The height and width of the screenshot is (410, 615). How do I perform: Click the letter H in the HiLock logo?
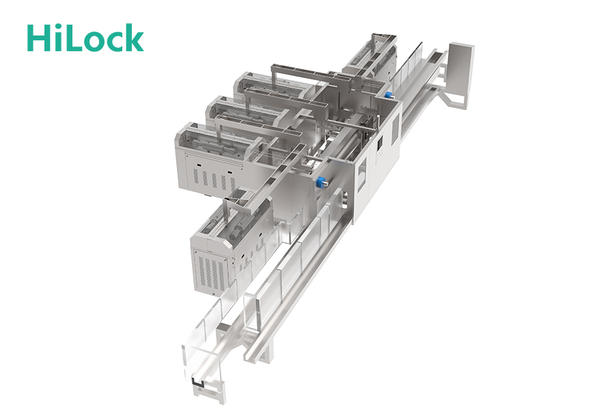[39, 38]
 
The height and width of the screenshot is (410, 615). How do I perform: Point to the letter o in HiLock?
[94, 42]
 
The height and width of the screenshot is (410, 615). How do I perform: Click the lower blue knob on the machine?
[322, 182]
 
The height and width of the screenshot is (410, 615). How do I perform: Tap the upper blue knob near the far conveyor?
[388, 96]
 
